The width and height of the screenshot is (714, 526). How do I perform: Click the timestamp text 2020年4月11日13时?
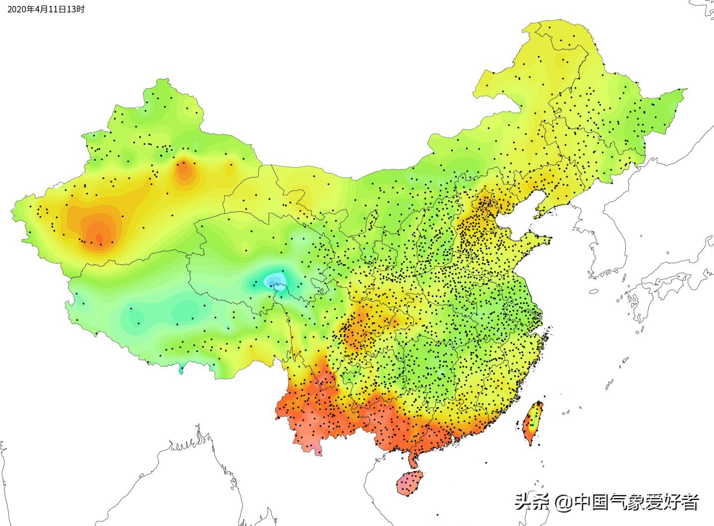pos(43,9)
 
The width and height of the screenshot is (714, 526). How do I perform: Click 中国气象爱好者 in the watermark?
pos(636,503)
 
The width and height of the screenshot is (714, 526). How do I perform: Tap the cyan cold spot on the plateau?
pos(274,280)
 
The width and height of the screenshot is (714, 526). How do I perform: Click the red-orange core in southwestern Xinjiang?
pos(98,238)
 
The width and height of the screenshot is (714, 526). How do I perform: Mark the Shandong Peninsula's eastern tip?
pos(549,241)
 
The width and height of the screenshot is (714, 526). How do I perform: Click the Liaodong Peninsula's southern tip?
pos(535,217)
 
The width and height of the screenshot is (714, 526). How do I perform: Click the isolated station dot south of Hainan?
pos(438,515)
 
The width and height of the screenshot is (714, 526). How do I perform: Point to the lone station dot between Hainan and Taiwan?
pos(486,463)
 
